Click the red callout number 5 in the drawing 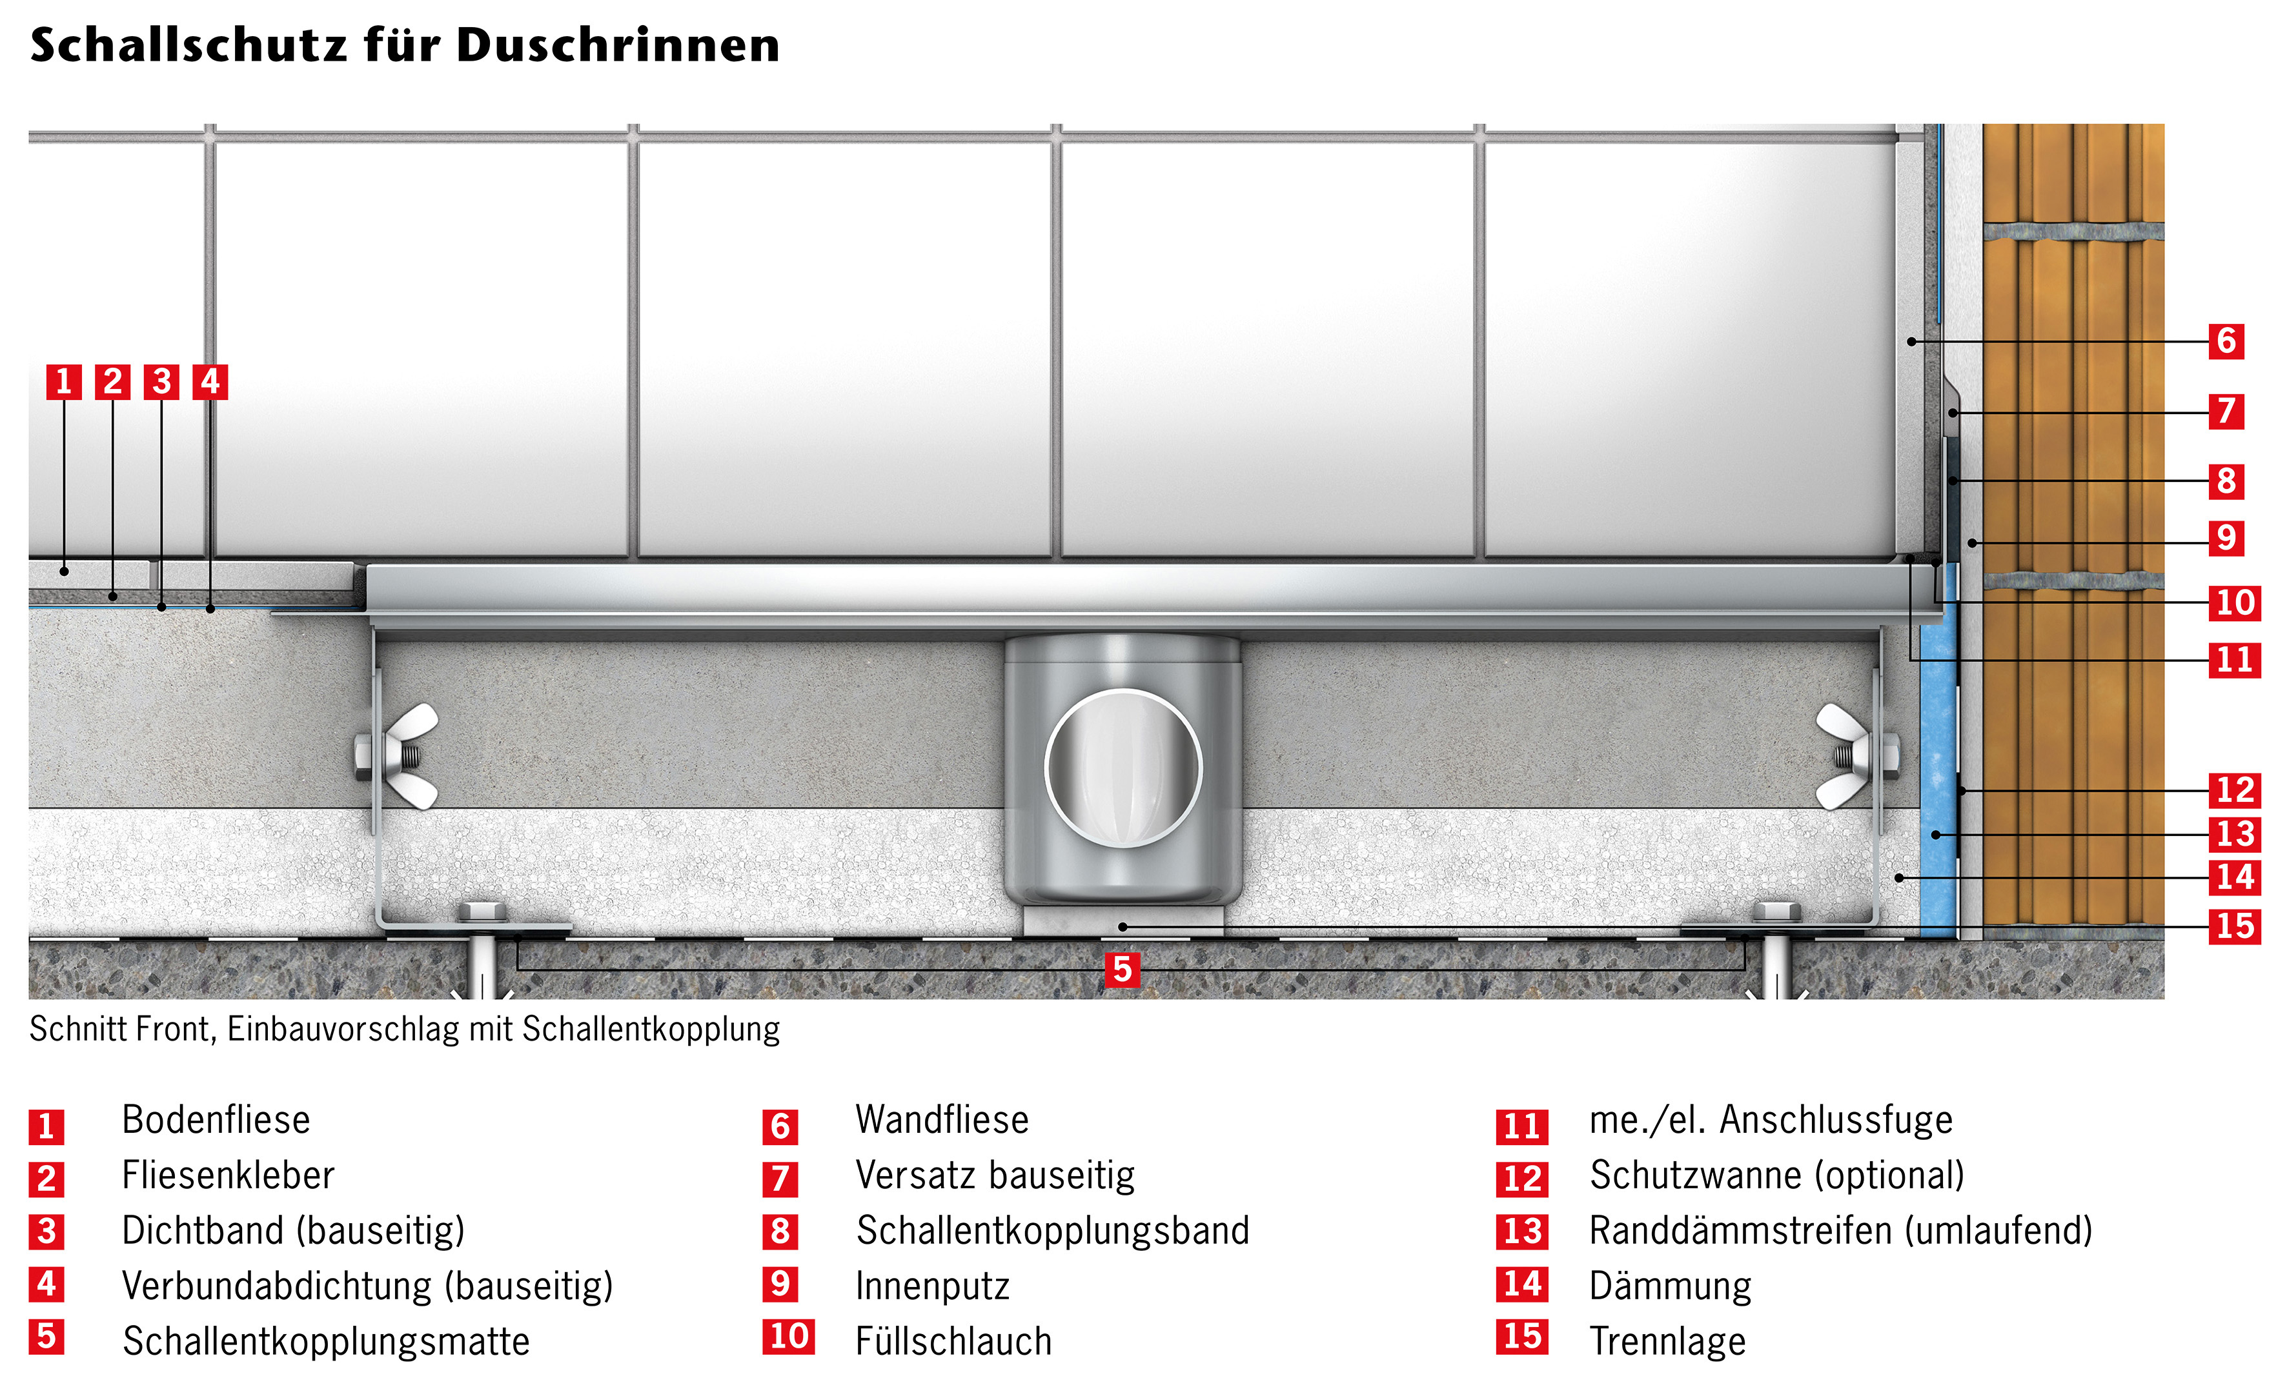coord(1122,970)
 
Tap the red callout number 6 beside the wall coord(2226,341)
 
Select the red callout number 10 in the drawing coord(2234,602)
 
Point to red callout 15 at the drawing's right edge coord(2234,925)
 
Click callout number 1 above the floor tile coord(64,381)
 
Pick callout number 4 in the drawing coord(210,381)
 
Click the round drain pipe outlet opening coord(1123,768)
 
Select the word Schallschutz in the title coord(188,45)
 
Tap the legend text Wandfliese coord(942,1120)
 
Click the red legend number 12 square coord(1522,1179)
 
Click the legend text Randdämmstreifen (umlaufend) coord(1840,1231)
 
